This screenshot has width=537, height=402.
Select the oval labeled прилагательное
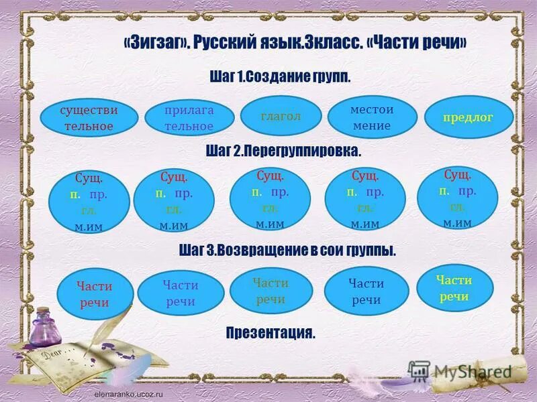pos(189,118)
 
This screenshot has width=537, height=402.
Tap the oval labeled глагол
pos(281,116)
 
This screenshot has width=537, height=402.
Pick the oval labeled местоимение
pos(371,117)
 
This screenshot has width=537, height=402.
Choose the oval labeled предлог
pos(468,117)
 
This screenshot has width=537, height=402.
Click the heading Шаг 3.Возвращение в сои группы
pos(287,251)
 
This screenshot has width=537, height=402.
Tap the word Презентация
pos(271,332)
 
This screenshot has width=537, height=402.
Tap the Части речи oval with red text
pos(95,295)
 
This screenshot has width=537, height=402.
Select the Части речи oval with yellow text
pos(454,289)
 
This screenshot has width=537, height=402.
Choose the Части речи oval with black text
pos(365,292)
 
